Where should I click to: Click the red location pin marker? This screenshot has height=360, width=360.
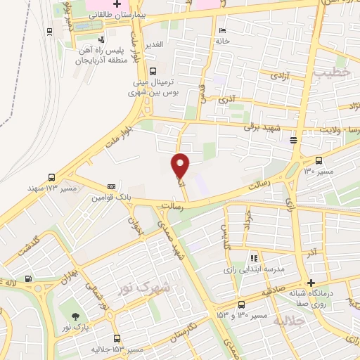tap(181, 165)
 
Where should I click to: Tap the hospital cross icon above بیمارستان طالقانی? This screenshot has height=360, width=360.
tap(118, 4)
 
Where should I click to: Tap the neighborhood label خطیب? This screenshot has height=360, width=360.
tap(330, 72)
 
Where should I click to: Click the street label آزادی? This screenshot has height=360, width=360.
tap(274, 74)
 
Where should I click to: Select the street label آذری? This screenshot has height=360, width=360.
tap(226, 100)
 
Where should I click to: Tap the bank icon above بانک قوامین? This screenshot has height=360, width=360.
tap(111, 186)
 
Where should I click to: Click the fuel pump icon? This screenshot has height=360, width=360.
tap(27, 278)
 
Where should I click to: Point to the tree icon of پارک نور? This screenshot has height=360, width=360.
tap(75, 315)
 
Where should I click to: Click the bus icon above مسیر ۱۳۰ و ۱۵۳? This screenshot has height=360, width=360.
tap(241, 304)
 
